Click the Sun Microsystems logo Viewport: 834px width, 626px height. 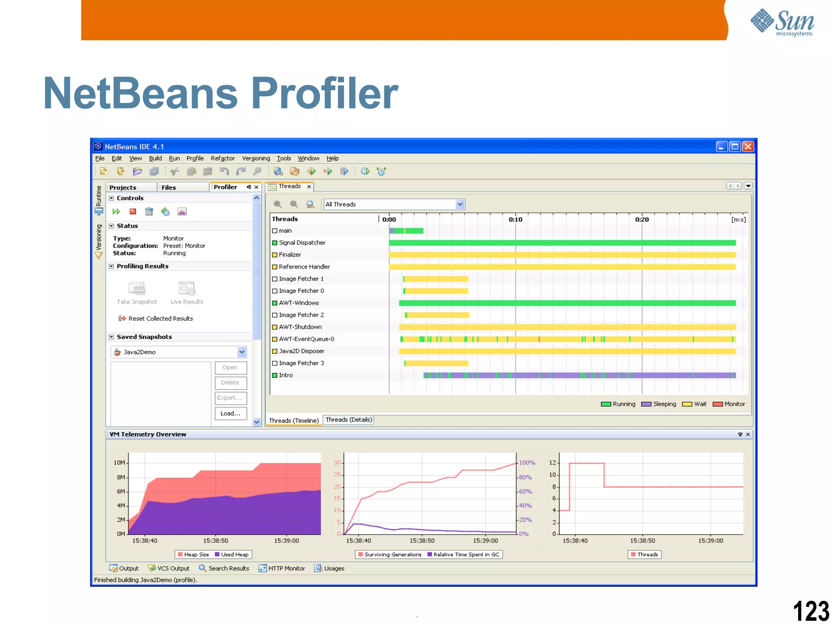[782, 22]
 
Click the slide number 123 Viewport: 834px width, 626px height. [810, 611]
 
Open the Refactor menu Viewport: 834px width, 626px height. [222, 159]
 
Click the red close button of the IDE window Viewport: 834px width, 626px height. [748, 147]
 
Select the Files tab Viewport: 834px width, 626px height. [169, 187]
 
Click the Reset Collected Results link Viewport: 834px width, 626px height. [160, 319]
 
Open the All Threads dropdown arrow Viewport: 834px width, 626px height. [460, 204]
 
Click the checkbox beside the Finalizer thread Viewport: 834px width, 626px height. [275, 255]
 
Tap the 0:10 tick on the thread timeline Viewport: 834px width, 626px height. [515, 219]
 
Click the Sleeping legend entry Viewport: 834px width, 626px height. [658, 404]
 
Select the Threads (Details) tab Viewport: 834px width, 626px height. [349, 420]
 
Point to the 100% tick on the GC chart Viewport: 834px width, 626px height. [527, 463]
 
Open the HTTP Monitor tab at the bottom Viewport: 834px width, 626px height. [282, 569]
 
